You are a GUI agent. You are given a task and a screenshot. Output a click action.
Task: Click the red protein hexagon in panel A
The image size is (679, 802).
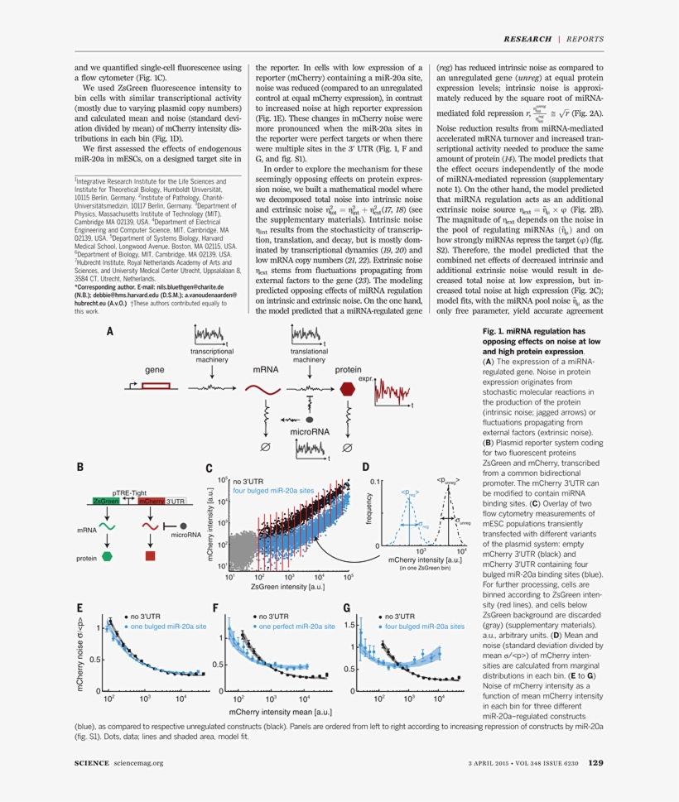point(346,390)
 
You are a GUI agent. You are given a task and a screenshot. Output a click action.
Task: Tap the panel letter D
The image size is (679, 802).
point(365,467)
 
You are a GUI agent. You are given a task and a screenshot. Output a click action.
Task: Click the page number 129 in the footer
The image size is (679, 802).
point(595,763)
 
